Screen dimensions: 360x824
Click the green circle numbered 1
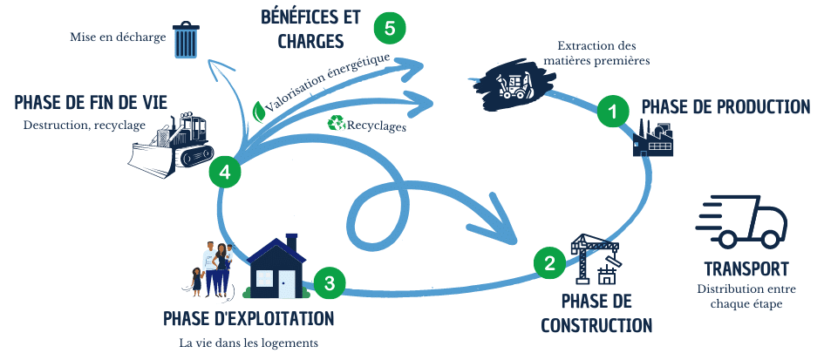(612, 112)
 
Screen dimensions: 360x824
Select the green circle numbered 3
(329, 282)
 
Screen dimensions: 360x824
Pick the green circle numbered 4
(225, 172)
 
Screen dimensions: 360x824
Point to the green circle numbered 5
(389, 28)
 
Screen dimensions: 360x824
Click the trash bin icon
(187, 40)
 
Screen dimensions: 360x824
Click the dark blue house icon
(276, 267)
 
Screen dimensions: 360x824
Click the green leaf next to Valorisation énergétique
(259, 112)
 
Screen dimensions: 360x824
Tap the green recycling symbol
(336, 124)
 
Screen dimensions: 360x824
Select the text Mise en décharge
(118, 38)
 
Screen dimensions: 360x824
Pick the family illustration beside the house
(212, 267)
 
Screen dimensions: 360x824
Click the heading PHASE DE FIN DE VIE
(91, 103)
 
